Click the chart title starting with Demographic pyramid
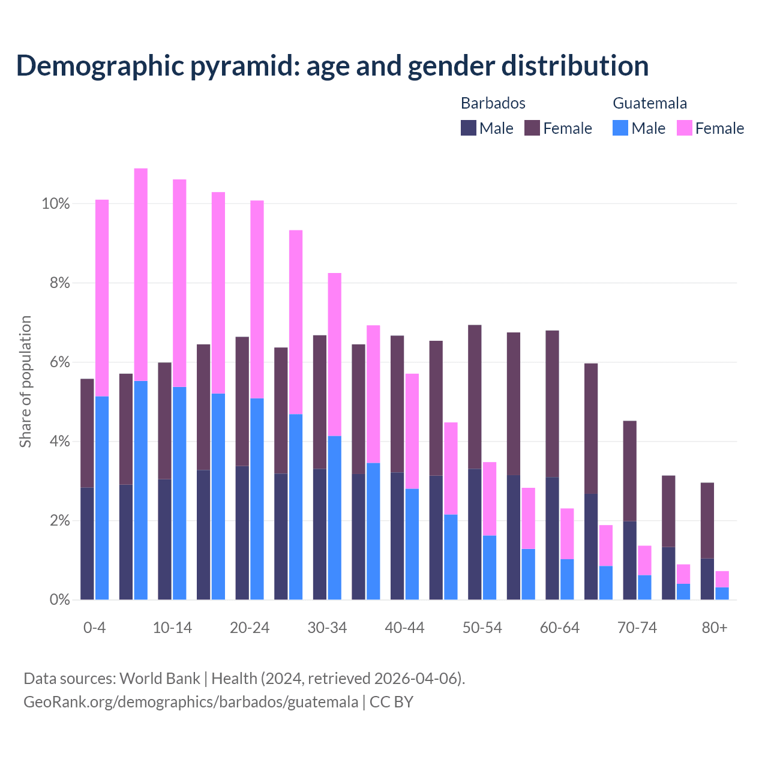(332, 66)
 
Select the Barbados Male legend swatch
(469, 128)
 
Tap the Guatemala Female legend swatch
(684, 128)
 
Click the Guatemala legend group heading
(650, 103)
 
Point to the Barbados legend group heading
(493, 103)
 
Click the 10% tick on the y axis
(56, 204)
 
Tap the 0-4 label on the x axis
(95, 628)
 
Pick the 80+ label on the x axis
(715, 628)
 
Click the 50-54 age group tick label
(482, 628)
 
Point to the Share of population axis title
(26, 382)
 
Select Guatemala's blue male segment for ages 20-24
(257, 499)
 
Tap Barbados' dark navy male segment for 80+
(707, 579)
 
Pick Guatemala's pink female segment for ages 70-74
(644, 560)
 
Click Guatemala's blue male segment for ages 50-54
(490, 567)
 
